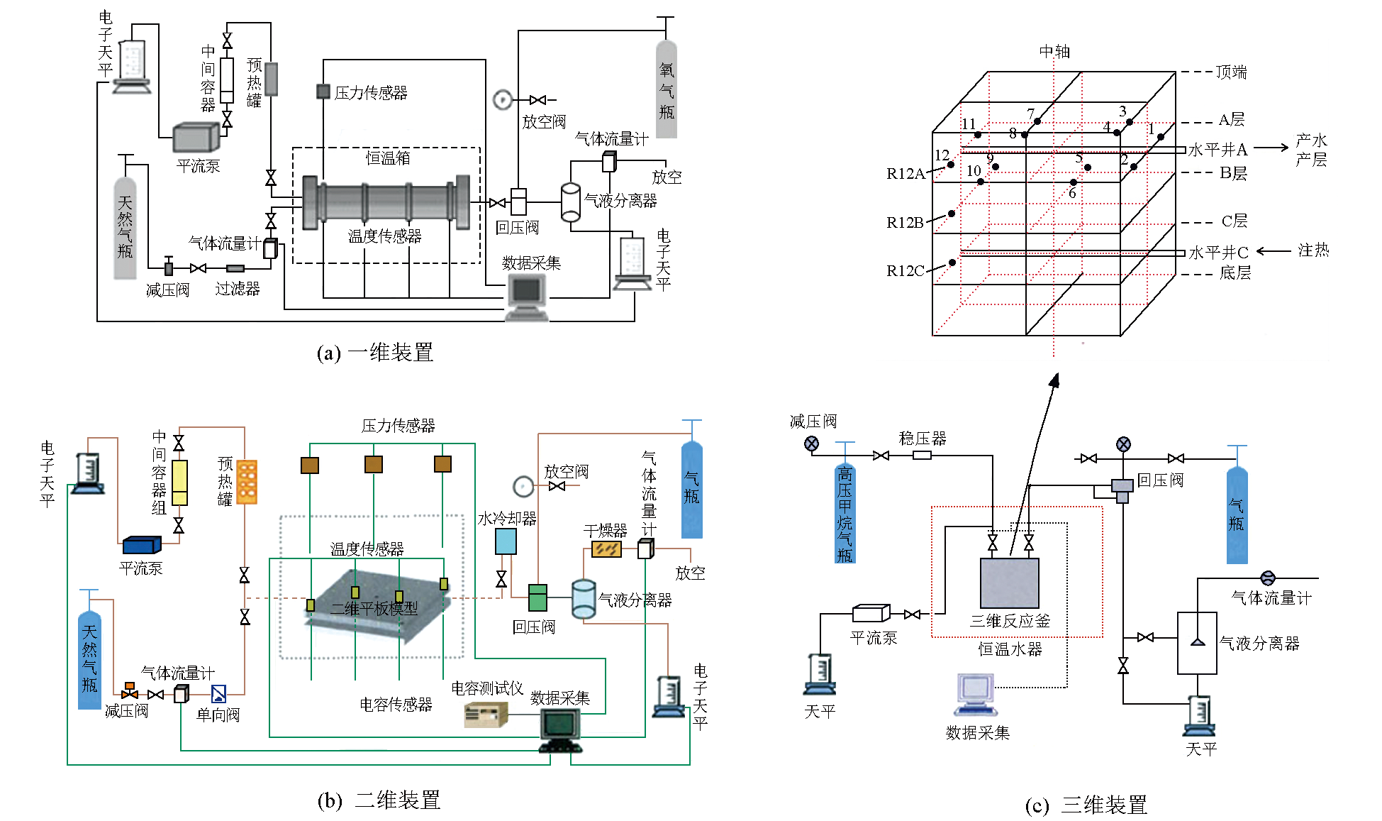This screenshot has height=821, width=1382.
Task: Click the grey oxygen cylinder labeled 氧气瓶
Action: tap(667, 89)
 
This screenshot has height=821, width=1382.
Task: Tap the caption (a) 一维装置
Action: tap(375, 353)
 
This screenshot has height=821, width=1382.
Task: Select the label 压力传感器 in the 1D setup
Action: tap(371, 93)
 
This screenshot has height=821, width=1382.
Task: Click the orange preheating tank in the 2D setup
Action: tap(247, 482)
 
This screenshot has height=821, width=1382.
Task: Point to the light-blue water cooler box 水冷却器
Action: tap(506, 541)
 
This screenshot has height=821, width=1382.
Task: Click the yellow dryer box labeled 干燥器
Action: tap(606, 549)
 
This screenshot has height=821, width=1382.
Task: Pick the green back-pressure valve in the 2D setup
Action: tap(538, 597)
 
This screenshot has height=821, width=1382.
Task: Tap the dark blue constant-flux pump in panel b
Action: tap(142, 545)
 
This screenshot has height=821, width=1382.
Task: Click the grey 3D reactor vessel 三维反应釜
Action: tap(1009, 583)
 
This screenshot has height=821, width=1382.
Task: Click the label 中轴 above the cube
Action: tap(1054, 52)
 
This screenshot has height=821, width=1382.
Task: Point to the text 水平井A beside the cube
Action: tap(1217, 150)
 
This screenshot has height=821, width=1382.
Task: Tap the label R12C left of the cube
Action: tap(905, 271)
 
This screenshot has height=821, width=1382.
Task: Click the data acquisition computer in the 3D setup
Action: tap(976, 694)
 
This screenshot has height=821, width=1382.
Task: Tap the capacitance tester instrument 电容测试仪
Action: tap(486, 714)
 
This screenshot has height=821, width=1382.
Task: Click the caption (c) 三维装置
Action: tap(1086, 805)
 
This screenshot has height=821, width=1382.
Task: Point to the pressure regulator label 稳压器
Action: tap(923, 439)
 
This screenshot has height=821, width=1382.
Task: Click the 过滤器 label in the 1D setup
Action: tap(238, 289)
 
